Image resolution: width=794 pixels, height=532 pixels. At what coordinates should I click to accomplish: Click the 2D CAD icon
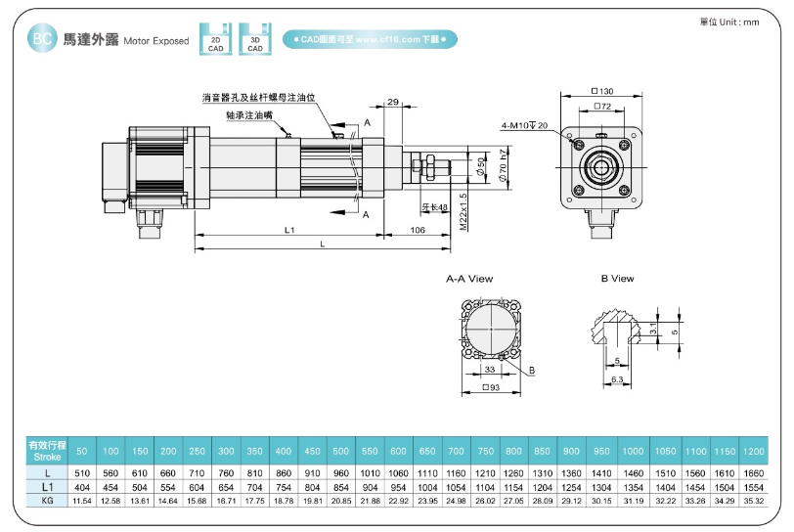pyautogui.click(x=215, y=38)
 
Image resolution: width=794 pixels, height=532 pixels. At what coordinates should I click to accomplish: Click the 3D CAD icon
pyautogui.click(x=254, y=38)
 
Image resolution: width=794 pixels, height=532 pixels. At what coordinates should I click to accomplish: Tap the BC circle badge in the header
pyautogui.click(x=41, y=39)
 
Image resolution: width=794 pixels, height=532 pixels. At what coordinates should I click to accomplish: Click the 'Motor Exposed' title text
pyautogui.click(x=156, y=42)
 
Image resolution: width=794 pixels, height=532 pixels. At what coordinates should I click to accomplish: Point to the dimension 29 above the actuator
pyautogui.click(x=393, y=102)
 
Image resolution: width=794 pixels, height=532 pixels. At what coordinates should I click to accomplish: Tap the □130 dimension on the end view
pyautogui.click(x=602, y=90)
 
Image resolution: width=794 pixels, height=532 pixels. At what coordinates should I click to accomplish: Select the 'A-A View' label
pyautogui.click(x=469, y=279)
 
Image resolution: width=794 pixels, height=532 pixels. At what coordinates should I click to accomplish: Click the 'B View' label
pyautogui.click(x=617, y=279)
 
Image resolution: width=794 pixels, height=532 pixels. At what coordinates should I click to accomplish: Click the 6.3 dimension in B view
pyautogui.click(x=617, y=377)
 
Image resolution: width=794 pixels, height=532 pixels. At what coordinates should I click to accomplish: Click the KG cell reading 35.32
pyautogui.click(x=753, y=500)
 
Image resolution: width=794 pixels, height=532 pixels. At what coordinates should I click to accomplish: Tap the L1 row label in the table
pyautogui.click(x=47, y=486)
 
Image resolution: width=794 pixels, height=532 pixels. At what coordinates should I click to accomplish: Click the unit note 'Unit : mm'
pyautogui.click(x=729, y=22)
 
